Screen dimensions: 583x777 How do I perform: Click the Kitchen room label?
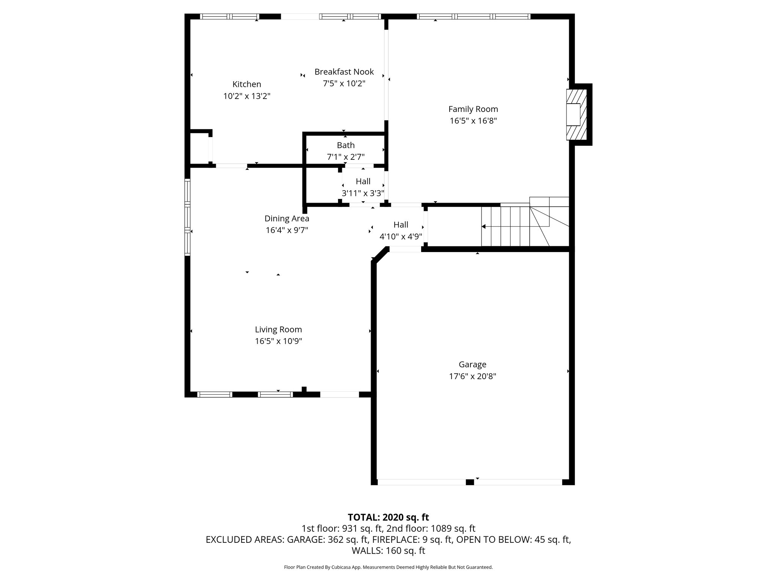click(247, 84)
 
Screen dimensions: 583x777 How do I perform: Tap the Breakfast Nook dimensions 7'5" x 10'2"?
click(344, 84)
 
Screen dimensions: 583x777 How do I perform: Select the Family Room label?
click(473, 109)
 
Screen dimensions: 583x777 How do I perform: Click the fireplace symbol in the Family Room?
click(576, 114)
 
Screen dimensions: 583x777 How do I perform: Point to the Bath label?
click(346, 145)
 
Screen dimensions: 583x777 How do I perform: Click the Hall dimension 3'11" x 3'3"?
click(363, 193)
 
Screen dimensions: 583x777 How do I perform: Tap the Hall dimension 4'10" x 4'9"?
click(401, 237)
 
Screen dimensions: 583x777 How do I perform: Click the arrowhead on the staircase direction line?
click(484, 227)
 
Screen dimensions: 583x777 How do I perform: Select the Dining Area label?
click(287, 219)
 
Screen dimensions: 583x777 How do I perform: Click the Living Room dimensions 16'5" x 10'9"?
click(278, 341)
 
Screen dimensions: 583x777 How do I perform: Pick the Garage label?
click(472, 364)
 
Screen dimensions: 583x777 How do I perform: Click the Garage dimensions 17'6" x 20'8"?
click(472, 377)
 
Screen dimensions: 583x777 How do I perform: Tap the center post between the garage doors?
click(470, 482)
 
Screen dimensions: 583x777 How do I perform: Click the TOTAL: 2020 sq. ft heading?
click(388, 517)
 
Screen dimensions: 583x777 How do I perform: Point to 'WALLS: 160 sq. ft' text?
click(388, 550)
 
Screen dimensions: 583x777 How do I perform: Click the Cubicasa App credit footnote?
click(388, 567)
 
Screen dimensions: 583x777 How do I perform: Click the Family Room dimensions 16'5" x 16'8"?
click(473, 121)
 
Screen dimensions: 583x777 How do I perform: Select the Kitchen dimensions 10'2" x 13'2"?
click(247, 96)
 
